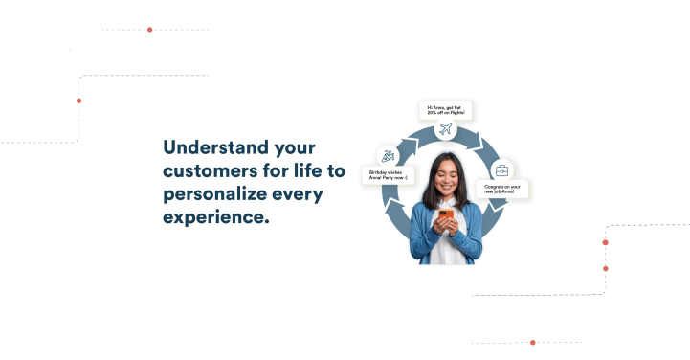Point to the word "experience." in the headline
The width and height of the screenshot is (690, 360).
tap(216, 217)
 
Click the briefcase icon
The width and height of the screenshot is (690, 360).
tap(501, 169)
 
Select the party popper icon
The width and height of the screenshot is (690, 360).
tap(388, 155)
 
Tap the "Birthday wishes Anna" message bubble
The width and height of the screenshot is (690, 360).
tap(389, 176)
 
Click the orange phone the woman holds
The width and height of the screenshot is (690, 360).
tap(445, 216)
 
